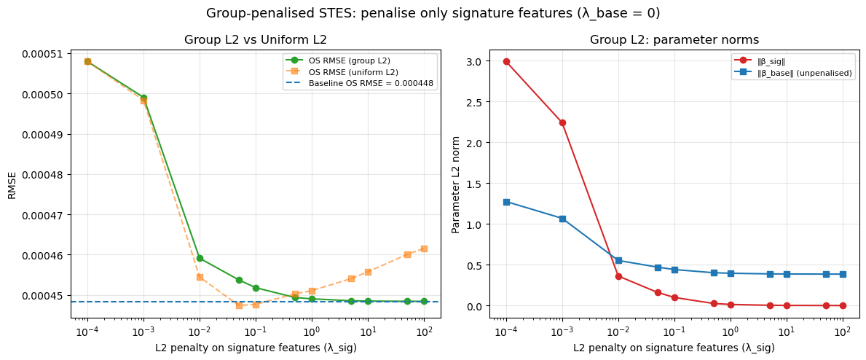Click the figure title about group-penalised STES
[433, 13]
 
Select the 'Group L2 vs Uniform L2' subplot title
[255, 39]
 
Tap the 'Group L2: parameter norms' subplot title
[674, 39]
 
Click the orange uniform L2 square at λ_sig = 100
[424, 249]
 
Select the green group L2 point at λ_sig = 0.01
[200, 258]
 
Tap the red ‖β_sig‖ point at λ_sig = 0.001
[562, 122]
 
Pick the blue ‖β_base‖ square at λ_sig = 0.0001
[506, 202]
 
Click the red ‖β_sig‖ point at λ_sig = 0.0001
[506, 62]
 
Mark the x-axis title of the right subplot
[674, 348]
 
